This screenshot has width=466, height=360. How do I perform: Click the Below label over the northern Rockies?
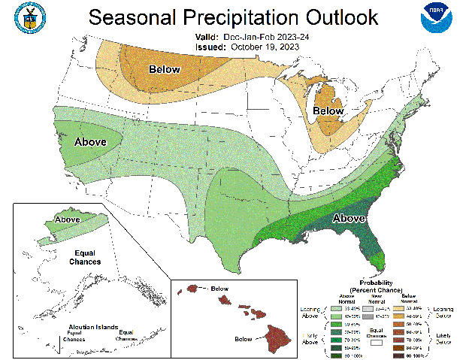click(164, 70)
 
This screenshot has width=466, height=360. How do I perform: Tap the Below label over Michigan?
click(328, 111)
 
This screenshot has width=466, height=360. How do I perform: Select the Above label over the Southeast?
click(349, 219)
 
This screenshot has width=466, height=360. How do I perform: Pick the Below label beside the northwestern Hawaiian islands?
click(219, 288)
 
